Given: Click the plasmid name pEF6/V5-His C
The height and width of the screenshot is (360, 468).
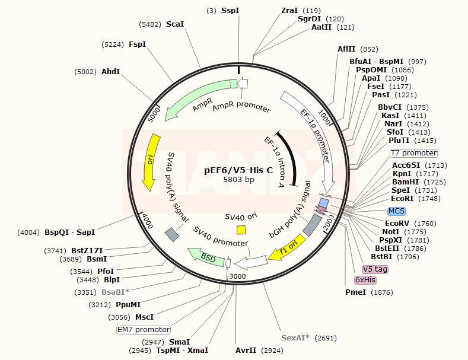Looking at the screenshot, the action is pyautogui.click(x=238, y=170).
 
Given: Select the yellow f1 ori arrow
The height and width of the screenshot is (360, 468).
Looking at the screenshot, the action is pyautogui.click(x=287, y=247).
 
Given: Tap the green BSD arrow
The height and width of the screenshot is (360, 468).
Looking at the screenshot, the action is pyautogui.click(x=206, y=257).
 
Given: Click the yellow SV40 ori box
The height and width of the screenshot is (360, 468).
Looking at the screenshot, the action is pyautogui.click(x=241, y=230).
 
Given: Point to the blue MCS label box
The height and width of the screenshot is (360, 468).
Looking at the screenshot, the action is pyautogui.click(x=396, y=211).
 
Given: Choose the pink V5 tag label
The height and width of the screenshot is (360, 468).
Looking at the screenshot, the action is pyautogui.click(x=375, y=269).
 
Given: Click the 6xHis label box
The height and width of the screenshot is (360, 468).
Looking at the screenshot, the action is pyautogui.click(x=365, y=280).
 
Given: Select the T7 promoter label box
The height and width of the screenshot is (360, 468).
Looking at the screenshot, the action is pyautogui.click(x=413, y=153).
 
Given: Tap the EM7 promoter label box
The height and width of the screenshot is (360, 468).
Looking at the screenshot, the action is pyautogui.click(x=144, y=330).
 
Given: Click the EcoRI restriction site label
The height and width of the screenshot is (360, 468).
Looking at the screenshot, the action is pyautogui.click(x=402, y=199).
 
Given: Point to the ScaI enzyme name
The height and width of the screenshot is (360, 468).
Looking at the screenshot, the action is pyautogui.click(x=175, y=24).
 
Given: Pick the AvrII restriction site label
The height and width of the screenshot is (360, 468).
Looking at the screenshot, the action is pyautogui.click(x=246, y=351).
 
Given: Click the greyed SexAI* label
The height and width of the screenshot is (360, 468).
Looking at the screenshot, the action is pyautogui.click(x=295, y=338).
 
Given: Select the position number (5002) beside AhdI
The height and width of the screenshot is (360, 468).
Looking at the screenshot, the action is pyautogui.click(x=85, y=72).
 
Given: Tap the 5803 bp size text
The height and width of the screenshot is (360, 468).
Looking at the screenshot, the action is pyautogui.click(x=239, y=179).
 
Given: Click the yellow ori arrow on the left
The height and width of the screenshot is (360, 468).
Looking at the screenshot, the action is pyautogui.click(x=151, y=162).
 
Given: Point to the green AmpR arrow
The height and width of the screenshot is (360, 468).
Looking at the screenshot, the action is pyautogui.click(x=196, y=95).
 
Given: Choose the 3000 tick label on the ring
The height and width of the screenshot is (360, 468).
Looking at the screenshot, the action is pyautogui.click(x=238, y=276).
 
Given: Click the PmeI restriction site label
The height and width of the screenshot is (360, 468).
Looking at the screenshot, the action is pyautogui.click(x=355, y=292).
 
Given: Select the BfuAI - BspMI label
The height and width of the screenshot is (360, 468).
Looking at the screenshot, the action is pyautogui.click(x=377, y=62).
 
